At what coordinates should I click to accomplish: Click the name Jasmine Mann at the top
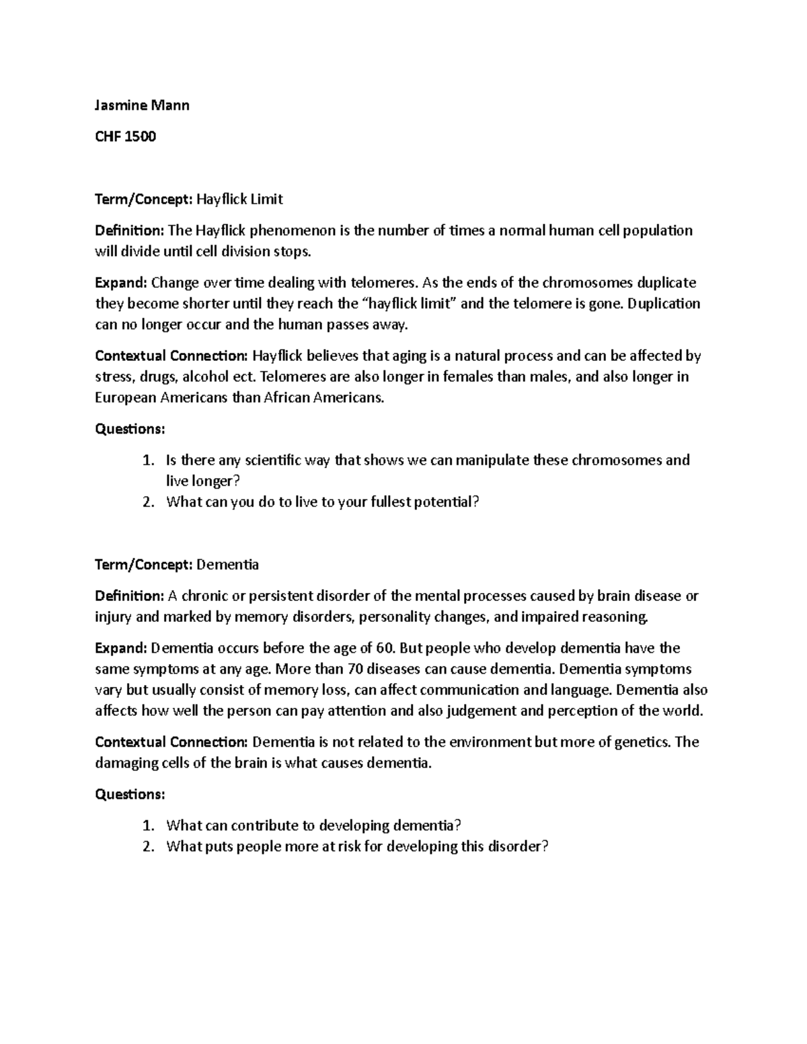[142, 105]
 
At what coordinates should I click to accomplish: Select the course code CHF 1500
[125, 136]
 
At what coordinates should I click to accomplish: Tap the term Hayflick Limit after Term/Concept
[240, 199]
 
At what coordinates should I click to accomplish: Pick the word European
[126, 397]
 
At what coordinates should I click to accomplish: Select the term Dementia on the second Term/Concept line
[227, 565]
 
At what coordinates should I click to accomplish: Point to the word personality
[401, 616]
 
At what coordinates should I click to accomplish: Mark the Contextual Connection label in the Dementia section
[171, 742]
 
